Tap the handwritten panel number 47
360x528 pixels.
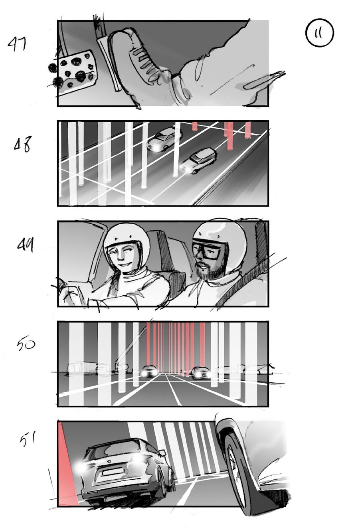click(18, 43)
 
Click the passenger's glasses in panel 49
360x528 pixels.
click(206, 250)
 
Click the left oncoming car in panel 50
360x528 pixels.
click(150, 372)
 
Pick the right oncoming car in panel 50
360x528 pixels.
click(201, 373)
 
